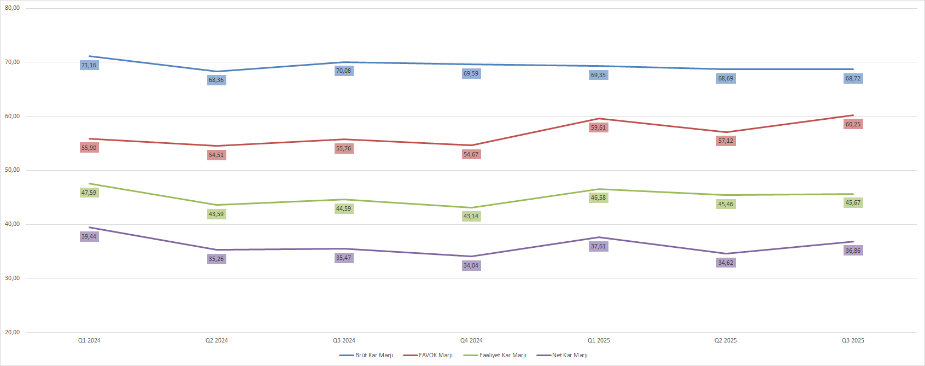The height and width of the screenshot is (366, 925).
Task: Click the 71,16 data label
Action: coord(89,66)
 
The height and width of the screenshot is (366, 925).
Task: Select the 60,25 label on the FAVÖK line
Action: coord(853,125)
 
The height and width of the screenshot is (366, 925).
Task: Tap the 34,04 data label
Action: coord(471,266)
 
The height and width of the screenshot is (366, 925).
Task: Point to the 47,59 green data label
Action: coord(89,193)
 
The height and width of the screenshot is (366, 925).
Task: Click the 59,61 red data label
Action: coord(598,128)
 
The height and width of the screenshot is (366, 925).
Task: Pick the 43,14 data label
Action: coord(471,217)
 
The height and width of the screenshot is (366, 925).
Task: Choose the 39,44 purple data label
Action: coord(89,237)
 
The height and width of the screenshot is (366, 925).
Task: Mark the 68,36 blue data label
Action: coord(216,80)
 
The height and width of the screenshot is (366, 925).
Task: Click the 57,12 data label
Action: coord(725,141)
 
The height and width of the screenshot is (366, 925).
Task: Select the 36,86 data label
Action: coord(853,251)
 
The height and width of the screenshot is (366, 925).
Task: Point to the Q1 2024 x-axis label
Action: coord(89,341)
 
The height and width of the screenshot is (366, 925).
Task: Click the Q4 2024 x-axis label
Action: coord(471,341)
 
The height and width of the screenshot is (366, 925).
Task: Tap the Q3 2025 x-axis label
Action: coord(853,341)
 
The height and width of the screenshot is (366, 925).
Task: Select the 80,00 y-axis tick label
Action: coord(13,8)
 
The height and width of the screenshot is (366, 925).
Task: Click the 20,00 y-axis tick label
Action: coord(13,333)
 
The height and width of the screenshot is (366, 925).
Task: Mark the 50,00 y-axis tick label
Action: coord(13,170)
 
